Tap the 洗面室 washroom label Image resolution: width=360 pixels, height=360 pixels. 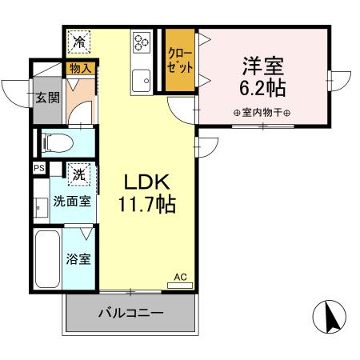72,202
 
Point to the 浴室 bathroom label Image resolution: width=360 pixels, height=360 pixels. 78,258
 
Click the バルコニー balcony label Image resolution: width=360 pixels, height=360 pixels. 131,313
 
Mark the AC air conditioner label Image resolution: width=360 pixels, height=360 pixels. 180,278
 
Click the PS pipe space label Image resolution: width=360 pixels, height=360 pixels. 38,168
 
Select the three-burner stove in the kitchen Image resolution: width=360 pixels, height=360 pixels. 142,42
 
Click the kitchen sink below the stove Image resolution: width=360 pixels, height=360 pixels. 143,80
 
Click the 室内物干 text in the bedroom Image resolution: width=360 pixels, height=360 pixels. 262,112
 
